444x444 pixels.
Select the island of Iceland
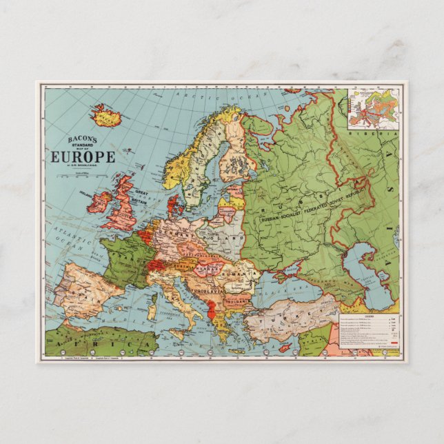point(106,116)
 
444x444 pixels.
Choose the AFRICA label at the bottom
point(103,340)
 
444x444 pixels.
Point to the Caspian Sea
point(361,276)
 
